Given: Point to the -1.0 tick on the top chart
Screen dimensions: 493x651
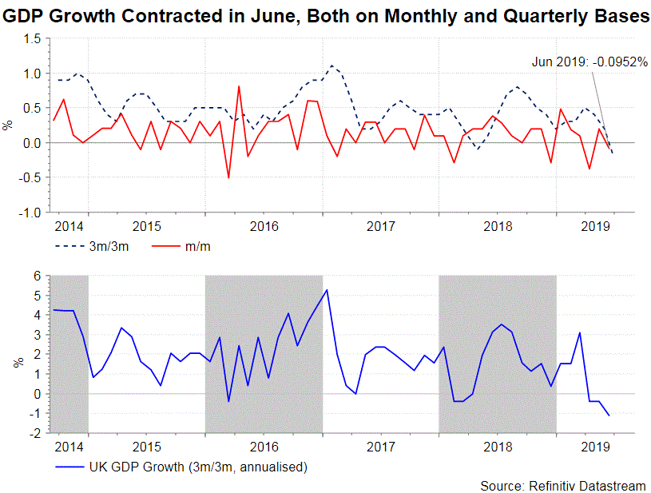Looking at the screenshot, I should pyautogui.click(x=30, y=213).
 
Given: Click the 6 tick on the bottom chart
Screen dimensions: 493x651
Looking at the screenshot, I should pyautogui.click(x=37, y=276).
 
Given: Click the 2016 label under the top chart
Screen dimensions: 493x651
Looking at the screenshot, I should pyautogui.click(x=264, y=227).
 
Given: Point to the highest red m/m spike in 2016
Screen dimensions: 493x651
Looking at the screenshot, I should pyautogui.click(x=239, y=86).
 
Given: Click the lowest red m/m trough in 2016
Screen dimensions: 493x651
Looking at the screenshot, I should pyautogui.click(x=228, y=177).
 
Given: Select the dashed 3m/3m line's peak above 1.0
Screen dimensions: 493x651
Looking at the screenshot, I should pyautogui.click(x=331, y=66).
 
